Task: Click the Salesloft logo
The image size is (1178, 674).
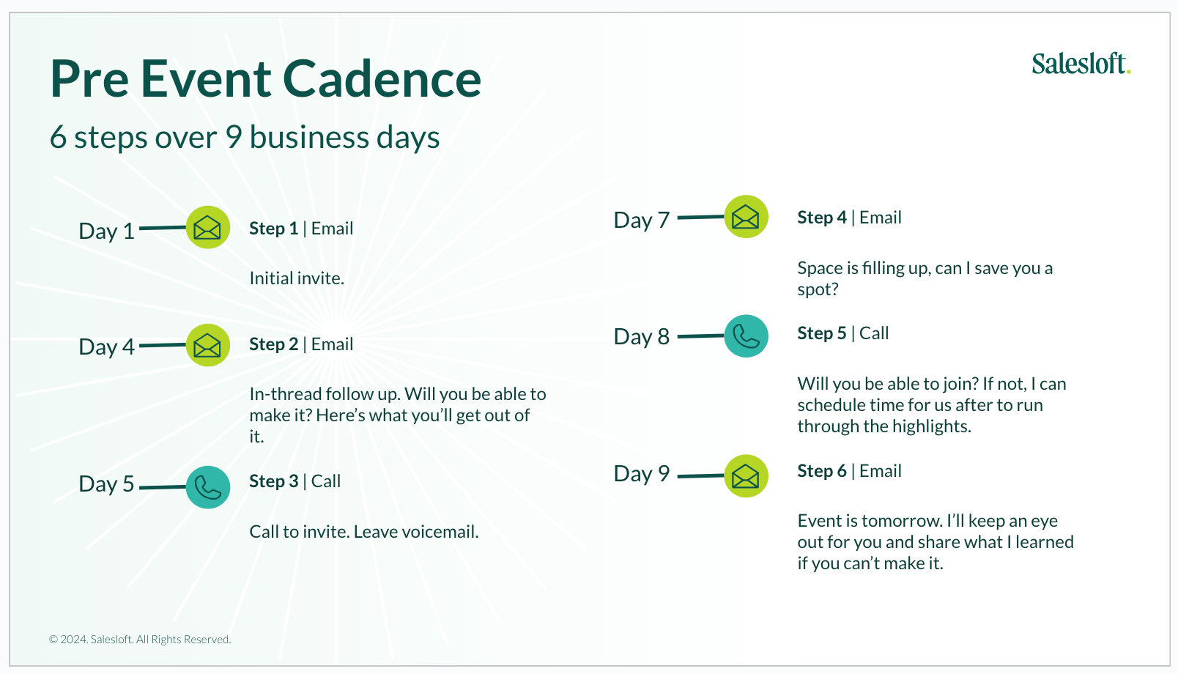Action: point(1081,64)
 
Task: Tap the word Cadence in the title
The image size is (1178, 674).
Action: point(382,79)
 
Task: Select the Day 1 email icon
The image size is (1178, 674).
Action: point(208,227)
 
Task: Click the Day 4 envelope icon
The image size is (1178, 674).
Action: point(208,345)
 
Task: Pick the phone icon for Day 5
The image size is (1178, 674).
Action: point(208,487)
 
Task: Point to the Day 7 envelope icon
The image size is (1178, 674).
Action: point(746,217)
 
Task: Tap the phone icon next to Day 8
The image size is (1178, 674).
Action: point(746,336)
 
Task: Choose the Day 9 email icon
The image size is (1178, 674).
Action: point(746,475)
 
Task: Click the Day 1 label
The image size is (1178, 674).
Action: point(106,232)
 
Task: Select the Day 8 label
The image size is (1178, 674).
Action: point(642,337)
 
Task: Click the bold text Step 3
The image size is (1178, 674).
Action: point(273,481)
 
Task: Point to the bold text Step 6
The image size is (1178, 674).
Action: point(822,471)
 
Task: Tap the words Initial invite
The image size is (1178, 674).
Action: point(297,278)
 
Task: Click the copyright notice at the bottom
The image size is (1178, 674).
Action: point(140,640)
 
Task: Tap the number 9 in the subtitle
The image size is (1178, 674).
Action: point(234,138)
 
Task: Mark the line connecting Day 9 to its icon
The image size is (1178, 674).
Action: point(700,476)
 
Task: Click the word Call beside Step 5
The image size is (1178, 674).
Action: point(874,333)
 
